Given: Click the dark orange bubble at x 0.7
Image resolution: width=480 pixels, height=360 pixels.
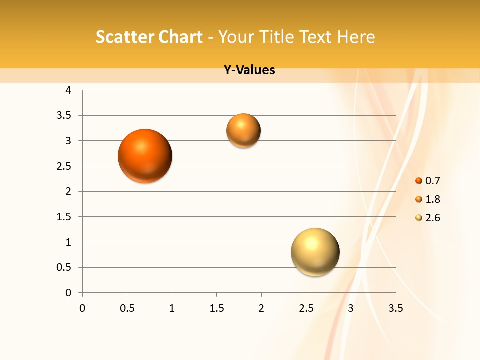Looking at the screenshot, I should [x=145, y=156].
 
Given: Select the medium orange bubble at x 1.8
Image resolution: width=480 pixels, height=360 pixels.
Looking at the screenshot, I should [x=243, y=131].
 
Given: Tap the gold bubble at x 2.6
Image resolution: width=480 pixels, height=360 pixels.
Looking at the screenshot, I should [x=315, y=252].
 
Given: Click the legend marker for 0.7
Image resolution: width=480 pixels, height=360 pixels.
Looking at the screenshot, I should [x=419, y=181].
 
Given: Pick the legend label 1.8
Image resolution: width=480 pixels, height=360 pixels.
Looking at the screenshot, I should [x=432, y=199].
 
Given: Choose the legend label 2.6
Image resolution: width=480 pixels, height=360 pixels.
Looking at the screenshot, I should [x=432, y=218].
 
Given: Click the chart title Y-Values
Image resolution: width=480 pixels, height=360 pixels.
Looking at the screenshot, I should [x=249, y=70].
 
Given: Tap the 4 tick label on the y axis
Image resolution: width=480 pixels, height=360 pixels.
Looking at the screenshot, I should [x=68, y=90].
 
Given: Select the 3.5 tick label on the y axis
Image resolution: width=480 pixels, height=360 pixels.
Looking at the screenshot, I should [x=65, y=116].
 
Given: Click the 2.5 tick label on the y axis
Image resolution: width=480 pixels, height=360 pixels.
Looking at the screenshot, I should [x=65, y=166].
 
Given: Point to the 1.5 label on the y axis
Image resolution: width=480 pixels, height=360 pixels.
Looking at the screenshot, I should [x=65, y=217].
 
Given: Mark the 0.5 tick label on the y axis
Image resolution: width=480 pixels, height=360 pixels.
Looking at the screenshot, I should [x=65, y=267].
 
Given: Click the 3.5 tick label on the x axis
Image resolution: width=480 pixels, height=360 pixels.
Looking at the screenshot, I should [x=395, y=308].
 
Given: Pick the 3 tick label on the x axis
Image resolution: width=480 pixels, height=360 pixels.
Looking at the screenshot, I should [x=351, y=308].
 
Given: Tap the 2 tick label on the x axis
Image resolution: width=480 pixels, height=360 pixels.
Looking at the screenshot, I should [x=261, y=308].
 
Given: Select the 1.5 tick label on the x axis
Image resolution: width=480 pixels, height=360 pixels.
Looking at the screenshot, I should [x=216, y=308].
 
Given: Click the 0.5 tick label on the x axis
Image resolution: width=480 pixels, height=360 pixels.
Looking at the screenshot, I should [x=127, y=308].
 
